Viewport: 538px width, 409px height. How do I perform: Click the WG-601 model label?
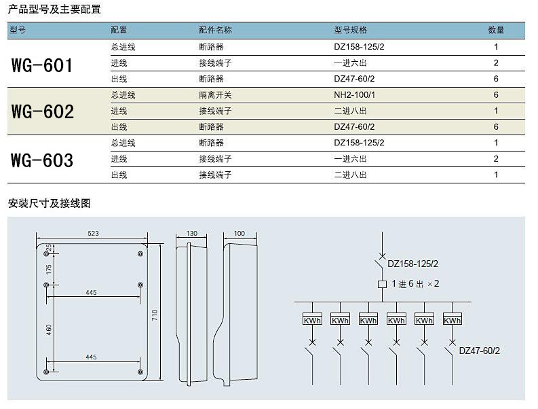[x=42, y=65]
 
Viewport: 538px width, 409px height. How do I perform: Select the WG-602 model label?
[x=43, y=111]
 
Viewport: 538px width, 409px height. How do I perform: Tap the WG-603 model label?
[x=42, y=160]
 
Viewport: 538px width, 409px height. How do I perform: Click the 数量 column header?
[x=496, y=31]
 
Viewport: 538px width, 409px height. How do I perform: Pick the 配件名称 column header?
[x=216, y=31]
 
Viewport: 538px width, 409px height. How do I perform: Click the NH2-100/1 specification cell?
[x=354, y=95]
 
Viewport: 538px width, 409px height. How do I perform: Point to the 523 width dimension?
[x=93, y=233]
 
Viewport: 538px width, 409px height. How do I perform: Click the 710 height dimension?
[x=155, y=315]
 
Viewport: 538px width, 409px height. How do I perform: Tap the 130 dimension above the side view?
[x=192, y=233]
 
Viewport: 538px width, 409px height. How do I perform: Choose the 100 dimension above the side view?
[x=239, y=233]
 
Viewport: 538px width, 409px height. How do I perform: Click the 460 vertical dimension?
[x=49, y=330]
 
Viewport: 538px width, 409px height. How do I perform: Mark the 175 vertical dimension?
[x=49, y=269]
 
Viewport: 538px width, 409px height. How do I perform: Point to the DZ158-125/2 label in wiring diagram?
[x=412, y=264]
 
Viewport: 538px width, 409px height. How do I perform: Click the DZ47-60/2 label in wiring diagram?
[x=480, y=351]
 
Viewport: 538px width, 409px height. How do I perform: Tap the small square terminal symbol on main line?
[x=382, y=284]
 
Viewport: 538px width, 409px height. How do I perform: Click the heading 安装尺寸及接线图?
[x=50, y=203]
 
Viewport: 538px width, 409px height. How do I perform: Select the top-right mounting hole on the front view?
[x=140, y=254]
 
